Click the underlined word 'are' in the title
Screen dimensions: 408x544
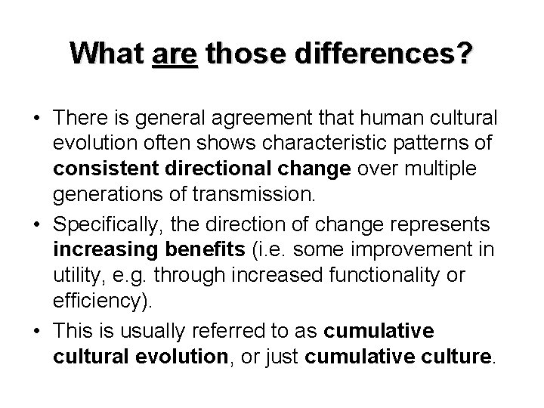(x=175, y=54)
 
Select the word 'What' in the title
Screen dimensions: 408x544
(x=106, y=54)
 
